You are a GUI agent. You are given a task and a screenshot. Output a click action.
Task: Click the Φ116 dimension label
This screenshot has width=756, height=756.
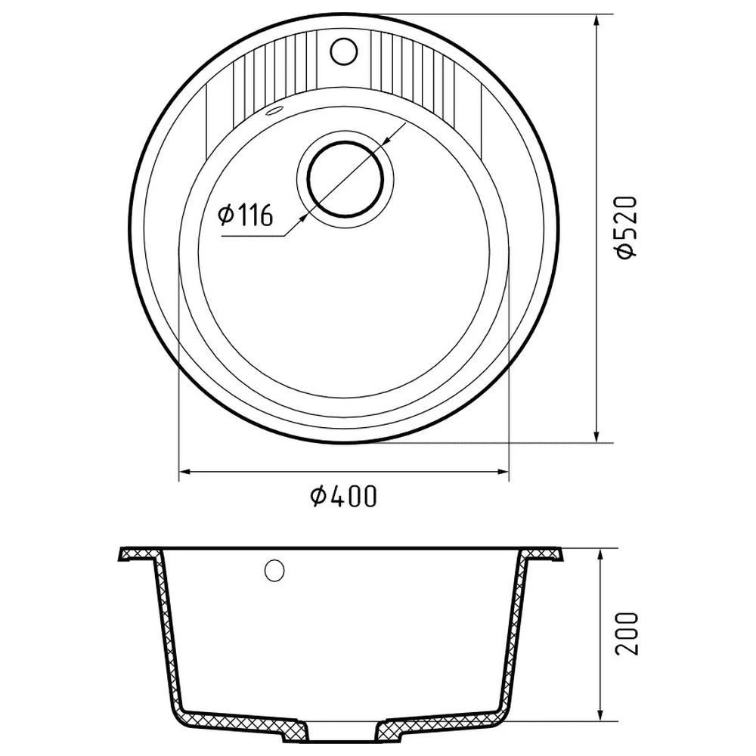pyautogui.click(x=246, y=215)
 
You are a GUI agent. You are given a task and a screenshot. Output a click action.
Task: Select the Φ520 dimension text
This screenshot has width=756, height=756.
pyautogui.click(x=627, y=228)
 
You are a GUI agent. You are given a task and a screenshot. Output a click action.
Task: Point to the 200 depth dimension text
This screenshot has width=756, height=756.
pyautogui.click(x=627, y=633)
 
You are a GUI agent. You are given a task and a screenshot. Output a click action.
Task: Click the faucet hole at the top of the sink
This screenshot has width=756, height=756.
pyautogui.click(x=344, y=51)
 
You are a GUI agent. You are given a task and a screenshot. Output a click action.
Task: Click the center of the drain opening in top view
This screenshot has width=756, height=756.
pyautogui.click(x=345, y=179)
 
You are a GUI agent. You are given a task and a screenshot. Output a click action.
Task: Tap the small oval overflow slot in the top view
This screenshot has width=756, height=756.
pyautogui.click(x=275, y=111)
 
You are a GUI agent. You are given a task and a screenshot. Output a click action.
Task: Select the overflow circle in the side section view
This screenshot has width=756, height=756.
pyautogui.click(x=274, y=570)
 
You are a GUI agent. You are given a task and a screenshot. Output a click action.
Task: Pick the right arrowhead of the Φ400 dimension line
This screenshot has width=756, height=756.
pyautogui.click(x=503, y=472)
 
